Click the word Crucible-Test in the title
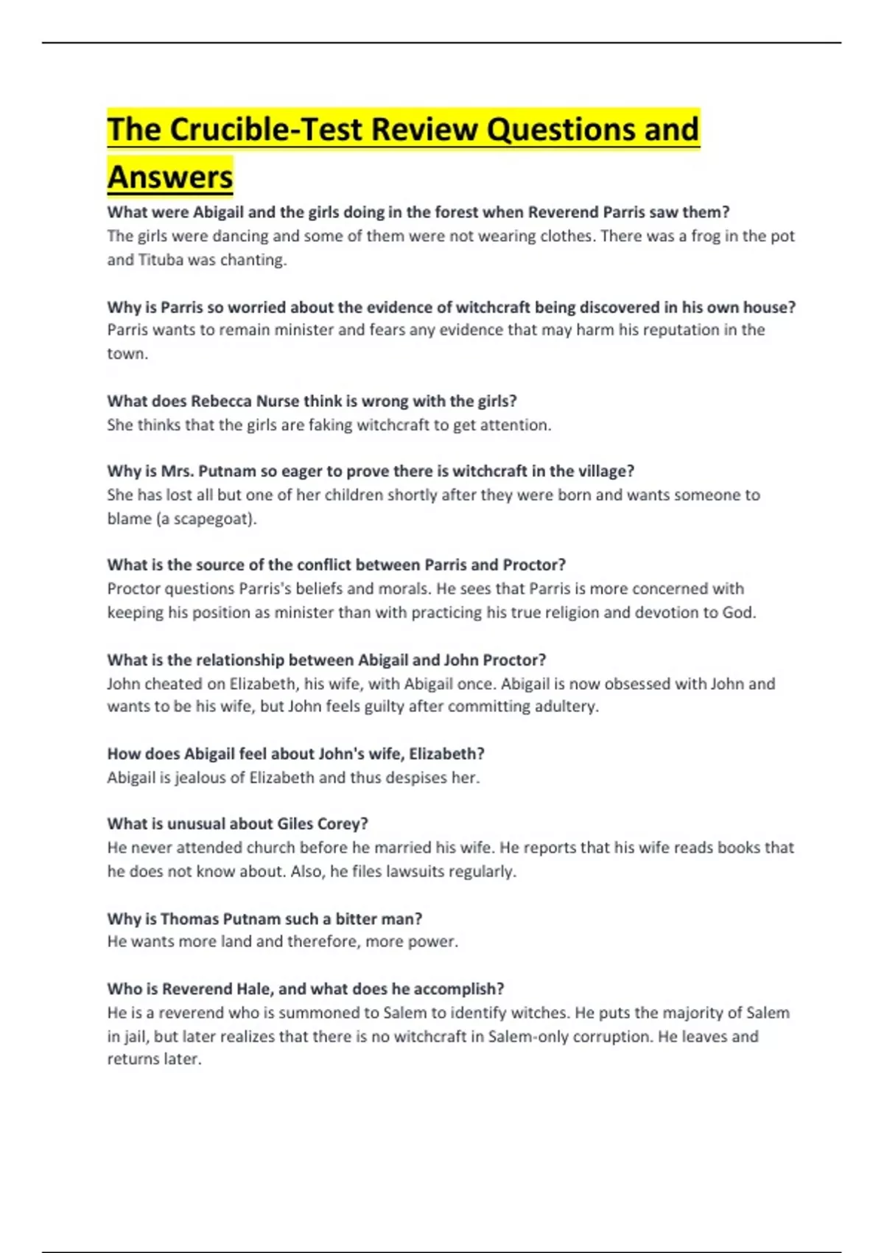tap(267, 130)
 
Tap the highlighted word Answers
tap(170, 178)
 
